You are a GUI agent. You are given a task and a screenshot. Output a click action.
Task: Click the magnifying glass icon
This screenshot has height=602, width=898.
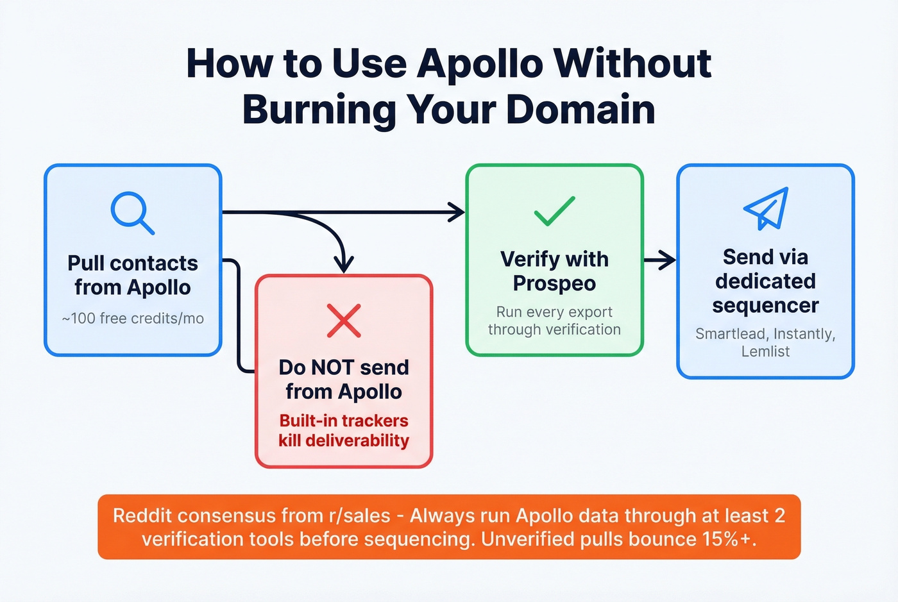point(131,212)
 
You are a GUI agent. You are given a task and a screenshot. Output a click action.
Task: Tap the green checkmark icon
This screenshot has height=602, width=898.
point(554,212)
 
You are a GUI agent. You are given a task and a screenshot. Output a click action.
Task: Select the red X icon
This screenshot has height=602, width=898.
point(344,321)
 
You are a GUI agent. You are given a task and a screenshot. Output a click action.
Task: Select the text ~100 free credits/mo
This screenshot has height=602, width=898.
point(133,319)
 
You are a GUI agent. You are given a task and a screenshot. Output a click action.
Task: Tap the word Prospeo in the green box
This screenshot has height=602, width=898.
point(554,283)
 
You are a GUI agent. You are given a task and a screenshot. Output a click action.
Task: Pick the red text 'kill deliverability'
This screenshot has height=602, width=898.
point(344,441)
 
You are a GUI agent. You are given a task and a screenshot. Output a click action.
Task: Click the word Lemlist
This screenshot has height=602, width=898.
point(765,351)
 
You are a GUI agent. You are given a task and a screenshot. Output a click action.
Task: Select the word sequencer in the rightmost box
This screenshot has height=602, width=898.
point(765,306)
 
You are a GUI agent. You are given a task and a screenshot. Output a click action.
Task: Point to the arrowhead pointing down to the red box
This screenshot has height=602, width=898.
point(344,263)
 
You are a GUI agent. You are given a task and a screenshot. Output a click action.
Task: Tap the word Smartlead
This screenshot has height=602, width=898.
point(731,334)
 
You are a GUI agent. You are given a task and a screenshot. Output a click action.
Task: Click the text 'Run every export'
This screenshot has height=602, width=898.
point(554,312)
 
